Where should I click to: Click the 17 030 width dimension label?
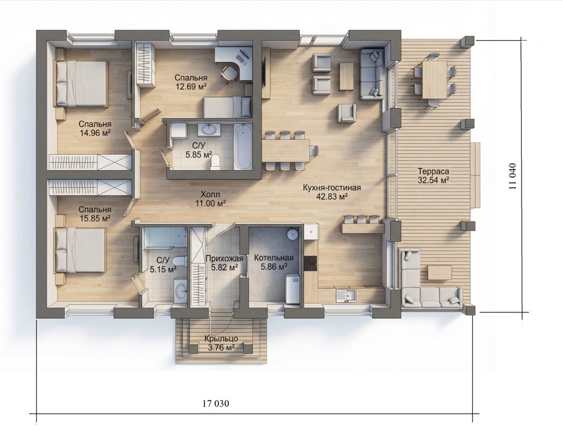(x=215, y=404)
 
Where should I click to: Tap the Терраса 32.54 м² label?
(x=434, y=175)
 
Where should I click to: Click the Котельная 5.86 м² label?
(x=273, y=262)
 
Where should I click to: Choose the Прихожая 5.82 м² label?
(x=224, y=263)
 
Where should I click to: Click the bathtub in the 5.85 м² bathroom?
(x=243, y=146)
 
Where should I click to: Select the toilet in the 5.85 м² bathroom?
(x=215, y=161)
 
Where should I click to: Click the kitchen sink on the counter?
(x=346, y=296)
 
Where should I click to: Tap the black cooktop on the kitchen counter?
(x=311, y=264)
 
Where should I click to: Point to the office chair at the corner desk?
(x=229, y=73)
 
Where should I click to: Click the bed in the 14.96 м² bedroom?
(x=81, y=83)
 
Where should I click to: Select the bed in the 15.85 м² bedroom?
(x=80, y=250)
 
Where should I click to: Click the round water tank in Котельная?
(x=293, y=234)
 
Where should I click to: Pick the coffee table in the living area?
(x=346, y=77)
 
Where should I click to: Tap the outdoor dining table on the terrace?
(x=434, y=79)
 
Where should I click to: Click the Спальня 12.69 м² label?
(x=191, y=81)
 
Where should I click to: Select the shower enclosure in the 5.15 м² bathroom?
(x=164, y=238)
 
